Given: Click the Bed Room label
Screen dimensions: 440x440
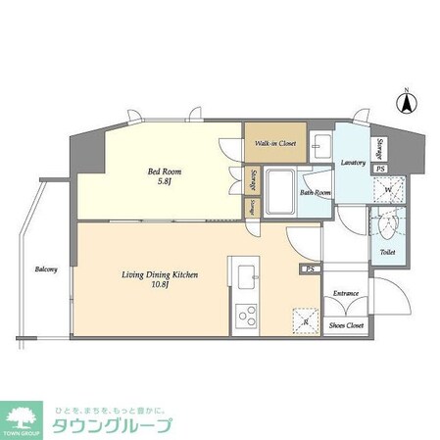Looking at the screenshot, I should click(165, 171).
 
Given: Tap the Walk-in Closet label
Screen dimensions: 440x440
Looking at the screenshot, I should click(275, 144).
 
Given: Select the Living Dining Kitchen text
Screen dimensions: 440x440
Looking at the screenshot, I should click(161, 275).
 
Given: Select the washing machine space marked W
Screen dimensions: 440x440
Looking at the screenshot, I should click(387, 188).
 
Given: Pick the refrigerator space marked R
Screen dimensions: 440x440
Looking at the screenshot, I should click(304, 320).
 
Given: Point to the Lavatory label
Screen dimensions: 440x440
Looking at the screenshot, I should click(353, 162).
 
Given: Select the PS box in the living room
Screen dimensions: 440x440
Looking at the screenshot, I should click(310, 269).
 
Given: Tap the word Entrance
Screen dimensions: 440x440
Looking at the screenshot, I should click(345, 293).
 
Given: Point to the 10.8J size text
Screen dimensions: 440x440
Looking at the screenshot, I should click(161, 287).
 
